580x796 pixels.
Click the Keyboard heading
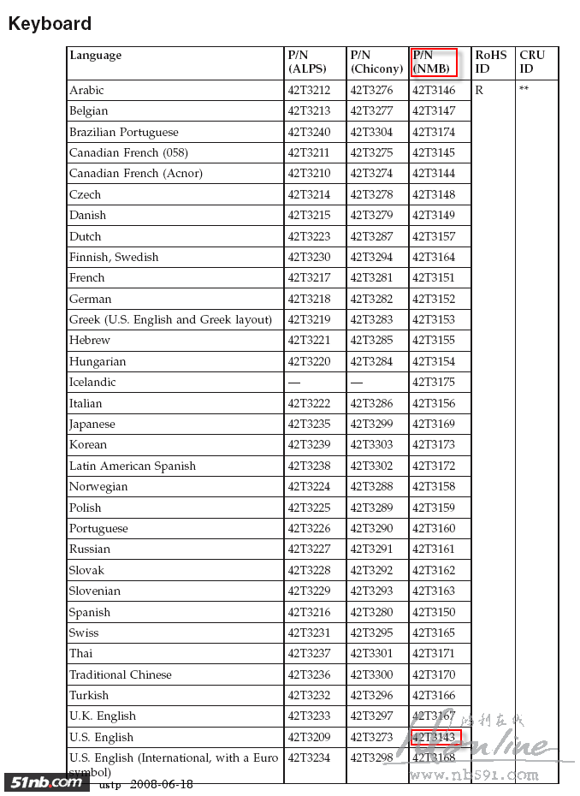pos(50,24)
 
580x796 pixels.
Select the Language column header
pos(96,56)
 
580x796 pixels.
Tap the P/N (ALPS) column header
pos(306,62)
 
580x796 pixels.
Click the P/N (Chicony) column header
pos(376,62)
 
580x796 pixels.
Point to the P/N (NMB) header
pos(433,62)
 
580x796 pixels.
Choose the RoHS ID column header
pos(490,62)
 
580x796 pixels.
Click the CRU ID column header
pos(532,62)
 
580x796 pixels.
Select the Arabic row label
pos(86,90)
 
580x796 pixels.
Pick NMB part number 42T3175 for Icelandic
pos(434,382)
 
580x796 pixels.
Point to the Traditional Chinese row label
pos(121,674)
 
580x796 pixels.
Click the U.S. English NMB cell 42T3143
pos(435,737)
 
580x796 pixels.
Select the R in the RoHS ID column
pos(479,90)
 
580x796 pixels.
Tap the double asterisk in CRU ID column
pos(524,89)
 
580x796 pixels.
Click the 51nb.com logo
pos(44,782)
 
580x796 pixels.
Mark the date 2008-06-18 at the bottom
pos(161,784)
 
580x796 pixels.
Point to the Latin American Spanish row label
pos(133,466)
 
